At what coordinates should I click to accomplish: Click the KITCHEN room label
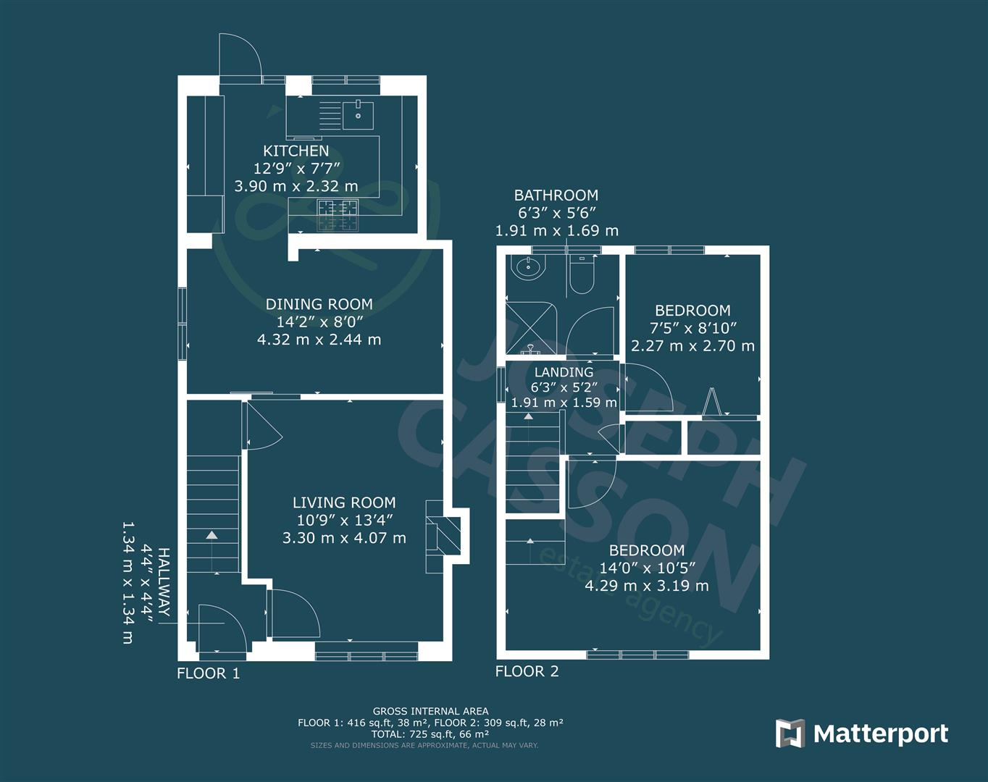click(x=296, y=151)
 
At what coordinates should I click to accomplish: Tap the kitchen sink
click(x=359, y=114)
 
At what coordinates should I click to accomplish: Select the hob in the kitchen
click(x=338, y=215)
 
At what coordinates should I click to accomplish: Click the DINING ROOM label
click(x=319, y=304)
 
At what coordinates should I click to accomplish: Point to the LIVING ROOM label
click(x=344, y=503)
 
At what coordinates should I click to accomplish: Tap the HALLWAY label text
click(x=164, y=582)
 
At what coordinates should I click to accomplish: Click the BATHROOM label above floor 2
click(x=556, y=195)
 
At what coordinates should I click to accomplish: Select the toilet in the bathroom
click(x=582, y=274)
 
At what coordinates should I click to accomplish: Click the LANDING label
click(x=564, y=371)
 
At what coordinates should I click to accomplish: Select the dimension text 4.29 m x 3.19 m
click(x=647, y=586)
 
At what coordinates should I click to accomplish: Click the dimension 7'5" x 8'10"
click(x=692, y=328)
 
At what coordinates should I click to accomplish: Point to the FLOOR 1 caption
click(x=208, y=673)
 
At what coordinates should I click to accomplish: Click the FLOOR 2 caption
click(x=527, y=671)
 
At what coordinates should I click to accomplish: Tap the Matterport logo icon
click(x=790, y=733)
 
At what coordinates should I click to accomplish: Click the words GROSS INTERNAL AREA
click(x=430, y=711)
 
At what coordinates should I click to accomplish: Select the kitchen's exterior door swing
click(x=240, y=56)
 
